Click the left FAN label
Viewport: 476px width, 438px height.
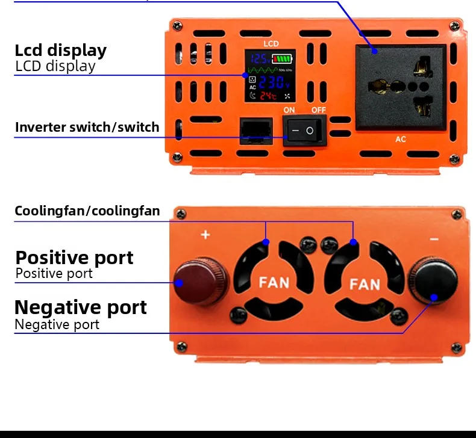click(x=274, y=282)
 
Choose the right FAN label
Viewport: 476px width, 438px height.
click(x=365, y=283)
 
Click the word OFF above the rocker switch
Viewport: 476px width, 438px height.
click(x=318, y=110)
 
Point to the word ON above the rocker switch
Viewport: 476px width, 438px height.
click(x=289, y=110)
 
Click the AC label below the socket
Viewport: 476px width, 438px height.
click(x=401, y=140)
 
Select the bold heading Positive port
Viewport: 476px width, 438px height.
click(x=74, y=258)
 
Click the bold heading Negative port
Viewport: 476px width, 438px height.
click(x=80, y=307)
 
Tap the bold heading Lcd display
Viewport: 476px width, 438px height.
click(x=60, y=50)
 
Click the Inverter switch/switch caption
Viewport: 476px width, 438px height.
click(x=87, y=127)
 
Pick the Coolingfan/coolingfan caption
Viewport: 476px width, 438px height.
click(x=87, y=211)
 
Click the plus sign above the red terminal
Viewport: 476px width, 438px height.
click(x=205, y=234)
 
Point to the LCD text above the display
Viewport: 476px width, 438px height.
click(x=271, y=44)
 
